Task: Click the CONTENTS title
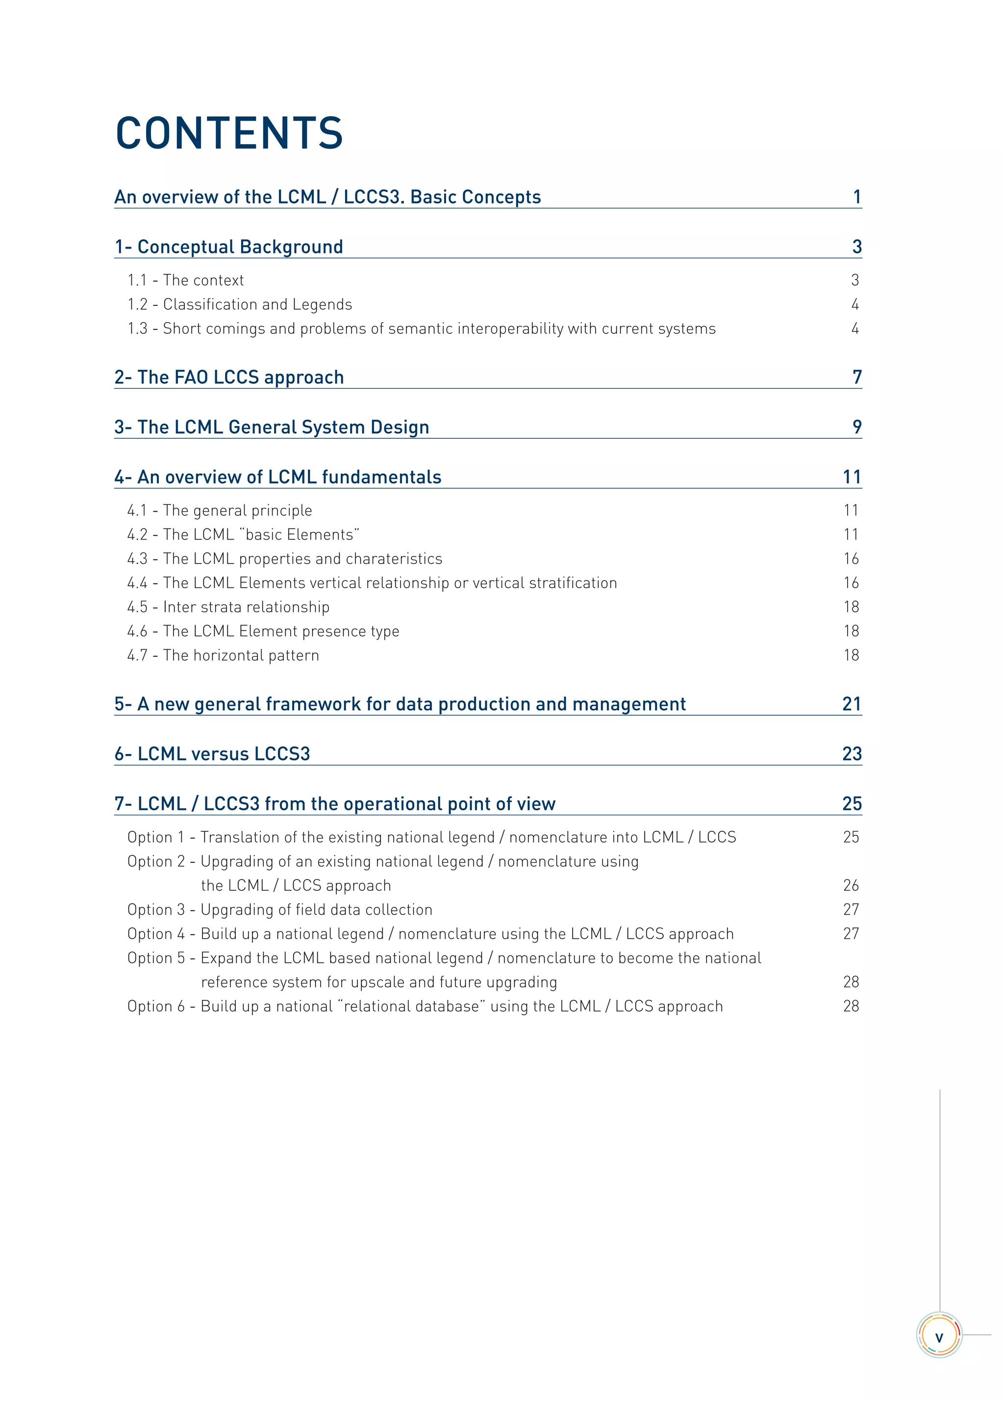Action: pos(228,133)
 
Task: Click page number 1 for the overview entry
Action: pos(856,197)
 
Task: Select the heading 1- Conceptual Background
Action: pos(228,247)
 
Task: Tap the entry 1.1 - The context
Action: pos(185,280)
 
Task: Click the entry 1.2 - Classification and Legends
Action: pos(240,304)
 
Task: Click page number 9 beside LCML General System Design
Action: pos(856,427)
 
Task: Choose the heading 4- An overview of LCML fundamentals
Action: pos(278,477)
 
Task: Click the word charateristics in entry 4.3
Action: pos(394,559)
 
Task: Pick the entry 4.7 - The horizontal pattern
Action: pos(223,655)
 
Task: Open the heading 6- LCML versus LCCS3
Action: pos(212,754)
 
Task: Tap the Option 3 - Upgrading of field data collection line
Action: pos(280,910)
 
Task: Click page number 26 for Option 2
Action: pos(851,886)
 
